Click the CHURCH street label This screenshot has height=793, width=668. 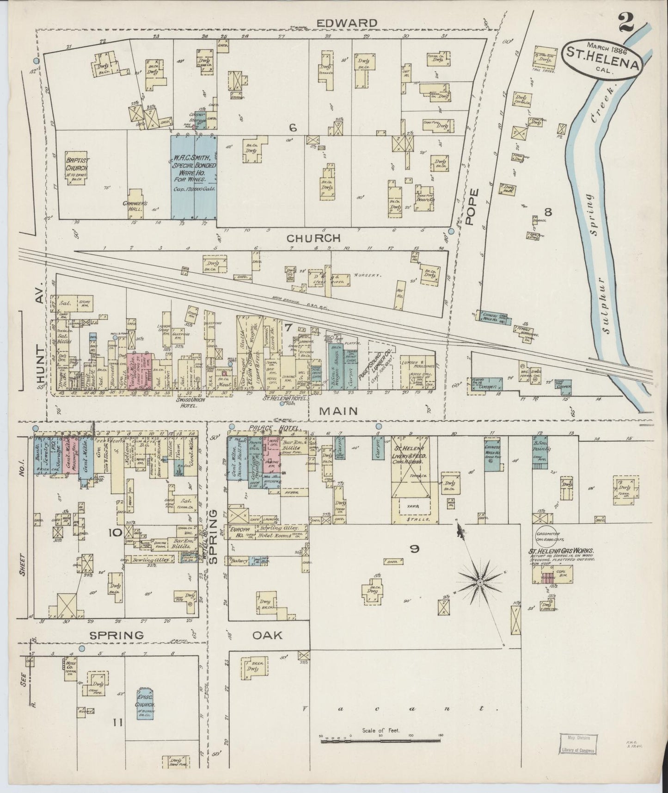[x=313, y=238]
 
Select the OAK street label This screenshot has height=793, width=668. [x=267, y=635]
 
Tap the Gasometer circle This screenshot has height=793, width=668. [x=548, y=531]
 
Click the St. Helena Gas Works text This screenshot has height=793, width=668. [x=562, y=551]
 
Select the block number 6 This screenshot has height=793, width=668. [x=292, y=128]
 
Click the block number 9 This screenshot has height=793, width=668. [x=414, y=549]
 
